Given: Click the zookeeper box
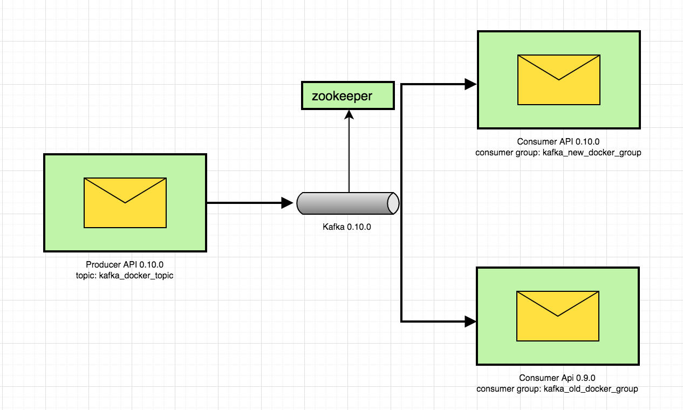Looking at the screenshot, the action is tap(348, 95).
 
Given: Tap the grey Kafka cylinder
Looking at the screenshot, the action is tap(348, 203).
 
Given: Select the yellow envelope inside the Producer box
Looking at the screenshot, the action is tap(125, 203).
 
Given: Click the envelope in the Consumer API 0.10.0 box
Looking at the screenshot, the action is tap(559, 80).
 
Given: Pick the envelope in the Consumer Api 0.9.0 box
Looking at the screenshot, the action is tap(558, 316).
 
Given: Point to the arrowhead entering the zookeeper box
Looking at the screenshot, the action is tap(349, 114).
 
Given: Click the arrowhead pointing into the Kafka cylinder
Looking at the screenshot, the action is tap(287, 203).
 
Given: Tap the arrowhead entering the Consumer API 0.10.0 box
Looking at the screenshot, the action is tap(470, 84).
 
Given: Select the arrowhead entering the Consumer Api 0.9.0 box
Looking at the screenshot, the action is tap(470, 322).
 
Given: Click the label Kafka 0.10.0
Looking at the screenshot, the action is tap(347, 227).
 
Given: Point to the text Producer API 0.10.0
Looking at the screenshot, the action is tap(125, 264).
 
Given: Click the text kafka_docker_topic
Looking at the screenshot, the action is tap(136, 276).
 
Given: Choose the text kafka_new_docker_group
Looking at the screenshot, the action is tap(592, 153).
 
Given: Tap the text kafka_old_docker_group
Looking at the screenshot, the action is tap(591, 388).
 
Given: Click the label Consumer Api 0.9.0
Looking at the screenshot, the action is tap(557, 378).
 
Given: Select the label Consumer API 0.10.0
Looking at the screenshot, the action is tap(558, 141).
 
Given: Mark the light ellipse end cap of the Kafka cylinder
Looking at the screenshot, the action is tap(393, 203).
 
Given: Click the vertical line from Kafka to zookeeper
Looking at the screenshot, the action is tap(349, 156).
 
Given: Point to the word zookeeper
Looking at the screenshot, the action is tap(342, 96).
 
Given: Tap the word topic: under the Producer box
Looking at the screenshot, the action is tap(86, 276).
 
